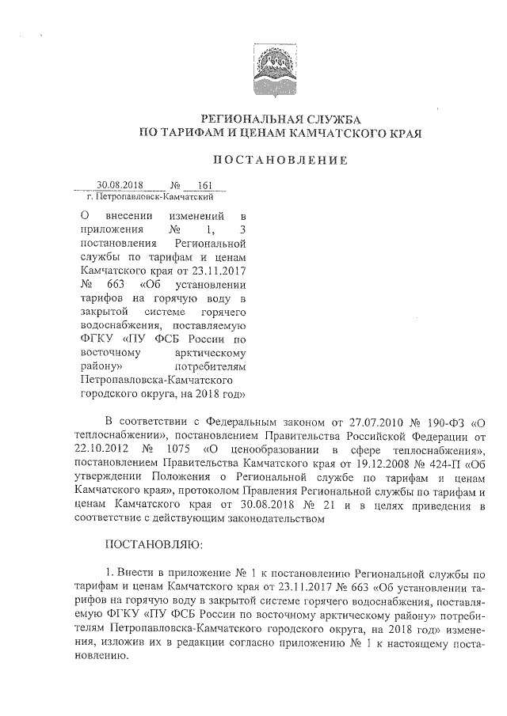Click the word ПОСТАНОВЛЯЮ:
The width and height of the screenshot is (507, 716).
click(x=154, y=545)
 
